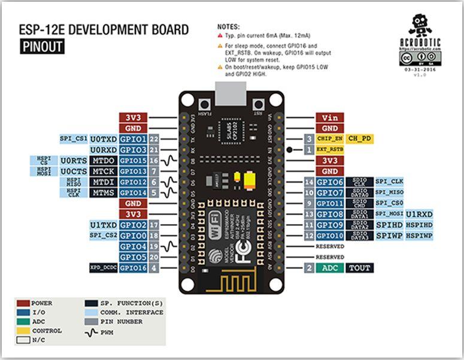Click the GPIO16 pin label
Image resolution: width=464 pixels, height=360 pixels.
[x=133, y=268]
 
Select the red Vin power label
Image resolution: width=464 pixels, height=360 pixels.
[x=330, y=118]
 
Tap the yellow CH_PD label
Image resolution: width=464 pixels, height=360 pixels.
[x=360, y=138]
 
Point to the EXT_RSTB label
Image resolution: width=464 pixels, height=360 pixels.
[x=329, y=149]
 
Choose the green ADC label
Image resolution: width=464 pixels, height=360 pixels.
[x=329, y=268]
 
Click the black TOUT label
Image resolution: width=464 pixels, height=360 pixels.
[x=360, y=268]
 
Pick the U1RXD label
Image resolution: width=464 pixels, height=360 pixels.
[x=420, y=214]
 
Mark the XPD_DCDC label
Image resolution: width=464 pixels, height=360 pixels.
[x=102, y=268]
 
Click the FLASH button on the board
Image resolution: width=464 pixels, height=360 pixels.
[x=203, y=102]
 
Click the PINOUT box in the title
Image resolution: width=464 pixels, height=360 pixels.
[x=42, y=47]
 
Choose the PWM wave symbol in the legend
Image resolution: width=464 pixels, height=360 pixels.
[x=90, y=331]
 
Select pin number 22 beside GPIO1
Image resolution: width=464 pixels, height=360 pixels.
[x=154, y=139]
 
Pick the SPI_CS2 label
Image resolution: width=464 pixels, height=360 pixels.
[x=102, y=236]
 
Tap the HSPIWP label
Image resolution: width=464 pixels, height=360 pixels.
[x=420, y=236]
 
